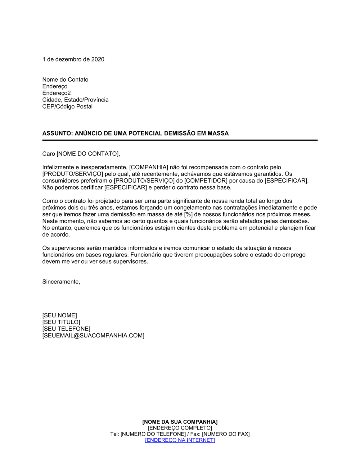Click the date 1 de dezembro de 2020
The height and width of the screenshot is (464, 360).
[x=73, y=59]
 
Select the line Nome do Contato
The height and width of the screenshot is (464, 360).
[x=65, y=79]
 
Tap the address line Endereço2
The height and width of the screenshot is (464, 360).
[x=57, y=93]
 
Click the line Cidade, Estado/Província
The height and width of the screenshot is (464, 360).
[x=75, y=100]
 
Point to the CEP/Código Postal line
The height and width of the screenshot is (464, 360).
[x=67, y=106]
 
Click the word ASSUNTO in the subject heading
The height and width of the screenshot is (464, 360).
[x=57, y=133]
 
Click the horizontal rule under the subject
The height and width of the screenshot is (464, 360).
[x=180, y=140]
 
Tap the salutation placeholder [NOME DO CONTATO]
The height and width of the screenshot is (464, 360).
[x=87, y=154]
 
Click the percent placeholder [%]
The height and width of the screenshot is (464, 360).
[x=188, y=214]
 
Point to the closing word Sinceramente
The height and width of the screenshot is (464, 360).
[x=61, y=282]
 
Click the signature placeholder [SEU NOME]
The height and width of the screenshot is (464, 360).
[x=59, y=315]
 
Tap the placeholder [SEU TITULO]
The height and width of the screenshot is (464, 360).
[x=61, y=322]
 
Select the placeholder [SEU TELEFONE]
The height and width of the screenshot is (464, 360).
[x=66, y=329]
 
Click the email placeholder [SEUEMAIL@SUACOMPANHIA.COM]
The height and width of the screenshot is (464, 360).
[x=93, y=336]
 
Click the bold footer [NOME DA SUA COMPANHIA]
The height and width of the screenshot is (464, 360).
[x=180, y=422]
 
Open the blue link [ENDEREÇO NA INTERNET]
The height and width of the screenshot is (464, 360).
[x=180, y=440]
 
